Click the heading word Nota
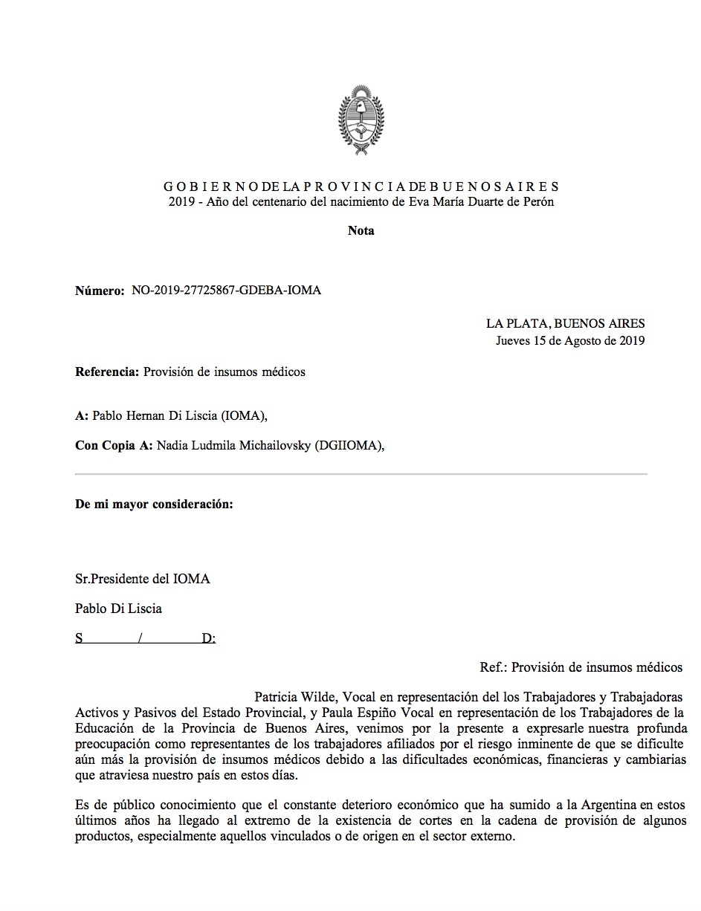(x=361, y=230)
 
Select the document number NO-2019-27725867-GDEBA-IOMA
(x=227, y=290)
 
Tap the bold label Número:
(x=100, y=290)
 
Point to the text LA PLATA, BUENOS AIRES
(x=565, y=323)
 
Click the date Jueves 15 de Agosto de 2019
(x=570, y=341)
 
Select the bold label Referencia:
(x=107, y=372)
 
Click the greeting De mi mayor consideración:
(x=154, y=504)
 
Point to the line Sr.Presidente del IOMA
(x=143, y=579)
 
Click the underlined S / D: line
(x=146, y=638)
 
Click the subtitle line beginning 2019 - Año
(x=361, y=201)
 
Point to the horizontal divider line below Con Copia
(x=361, y=474)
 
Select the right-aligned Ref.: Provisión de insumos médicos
(x=581, y=667)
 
